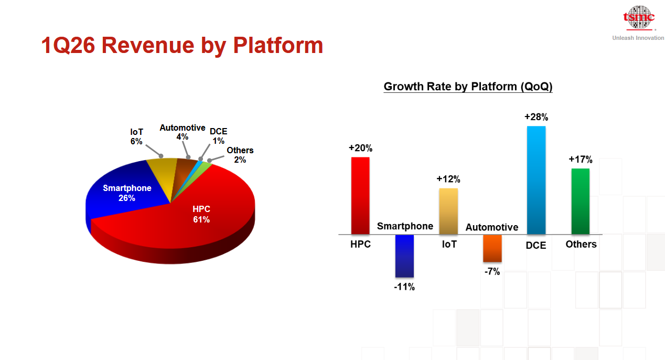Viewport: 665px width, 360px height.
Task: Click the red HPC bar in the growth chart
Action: coord(360,196)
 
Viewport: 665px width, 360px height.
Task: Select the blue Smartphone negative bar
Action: coord(404,256)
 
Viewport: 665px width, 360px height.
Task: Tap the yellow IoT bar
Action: coord(448,211)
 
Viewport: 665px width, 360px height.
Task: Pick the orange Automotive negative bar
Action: coord(492,248)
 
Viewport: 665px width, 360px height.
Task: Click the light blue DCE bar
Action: coord(536,181)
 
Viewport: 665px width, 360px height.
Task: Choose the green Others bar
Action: coord(581,202)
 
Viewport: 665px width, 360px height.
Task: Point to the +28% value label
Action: coord(536,117)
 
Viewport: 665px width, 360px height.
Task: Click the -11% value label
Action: coord(404,287)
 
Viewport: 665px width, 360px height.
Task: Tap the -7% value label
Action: coord(492,271)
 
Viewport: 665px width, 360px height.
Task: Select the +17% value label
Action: coord(581,160)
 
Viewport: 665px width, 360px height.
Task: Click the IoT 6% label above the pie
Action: coord(136,136)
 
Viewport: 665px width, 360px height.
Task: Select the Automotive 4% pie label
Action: coord(183,132)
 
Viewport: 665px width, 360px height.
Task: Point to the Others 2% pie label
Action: coord(240,155)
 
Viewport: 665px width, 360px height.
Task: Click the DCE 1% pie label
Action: coord(219,136)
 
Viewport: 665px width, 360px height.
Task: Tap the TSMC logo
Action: coord(639,18)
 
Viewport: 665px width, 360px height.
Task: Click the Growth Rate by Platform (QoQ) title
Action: coord(468,87)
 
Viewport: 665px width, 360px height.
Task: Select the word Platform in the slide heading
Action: coord(278,46)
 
